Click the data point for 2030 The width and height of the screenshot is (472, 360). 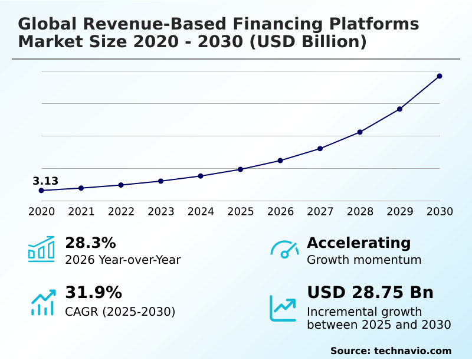[x=440, y=76]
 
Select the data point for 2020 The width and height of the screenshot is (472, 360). [x=41, y=191]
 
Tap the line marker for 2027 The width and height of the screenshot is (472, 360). [x=320, y=149]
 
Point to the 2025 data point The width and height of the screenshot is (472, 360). [x=240, y=169]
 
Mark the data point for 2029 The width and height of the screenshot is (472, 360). [x=399, y=109]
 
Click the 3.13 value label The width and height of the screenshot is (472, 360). [x=45, y=181]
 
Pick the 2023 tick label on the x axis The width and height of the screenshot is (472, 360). [x=160, y=212]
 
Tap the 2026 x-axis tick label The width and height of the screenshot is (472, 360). [x=280, y=212]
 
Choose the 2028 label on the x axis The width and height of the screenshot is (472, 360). [x=360, y=212]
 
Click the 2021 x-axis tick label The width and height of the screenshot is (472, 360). [x=81, y=212]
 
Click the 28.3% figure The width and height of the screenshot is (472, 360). [x=90, y=243]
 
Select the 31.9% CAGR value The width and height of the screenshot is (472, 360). [x=93, y=293]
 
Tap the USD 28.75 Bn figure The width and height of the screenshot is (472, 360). [x=370, y=293]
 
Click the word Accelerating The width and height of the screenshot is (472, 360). [x=359, y=243]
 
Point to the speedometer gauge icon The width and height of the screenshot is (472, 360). [x=284, y=249]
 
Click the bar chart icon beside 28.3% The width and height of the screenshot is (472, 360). [x=41, y=249]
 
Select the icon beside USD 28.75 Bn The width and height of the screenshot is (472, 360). [x=283, y=308]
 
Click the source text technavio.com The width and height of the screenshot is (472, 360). [x=412, y=351]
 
